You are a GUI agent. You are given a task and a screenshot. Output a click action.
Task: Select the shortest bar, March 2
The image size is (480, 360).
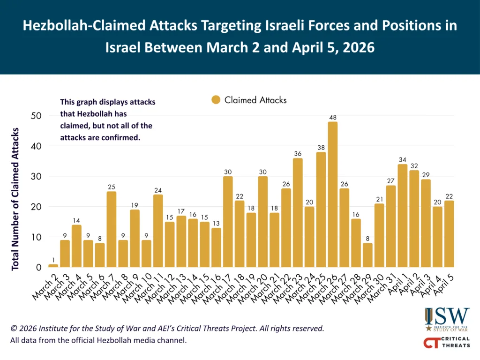53,266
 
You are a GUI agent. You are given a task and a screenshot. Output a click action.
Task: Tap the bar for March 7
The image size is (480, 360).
112,230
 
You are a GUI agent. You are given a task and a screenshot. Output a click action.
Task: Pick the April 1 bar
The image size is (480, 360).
402,216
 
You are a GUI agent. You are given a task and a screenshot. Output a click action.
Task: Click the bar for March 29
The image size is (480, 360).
367,255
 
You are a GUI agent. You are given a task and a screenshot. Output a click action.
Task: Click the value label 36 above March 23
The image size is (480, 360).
298,154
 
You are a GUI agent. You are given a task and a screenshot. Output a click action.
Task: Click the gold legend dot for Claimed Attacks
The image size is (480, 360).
216,100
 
